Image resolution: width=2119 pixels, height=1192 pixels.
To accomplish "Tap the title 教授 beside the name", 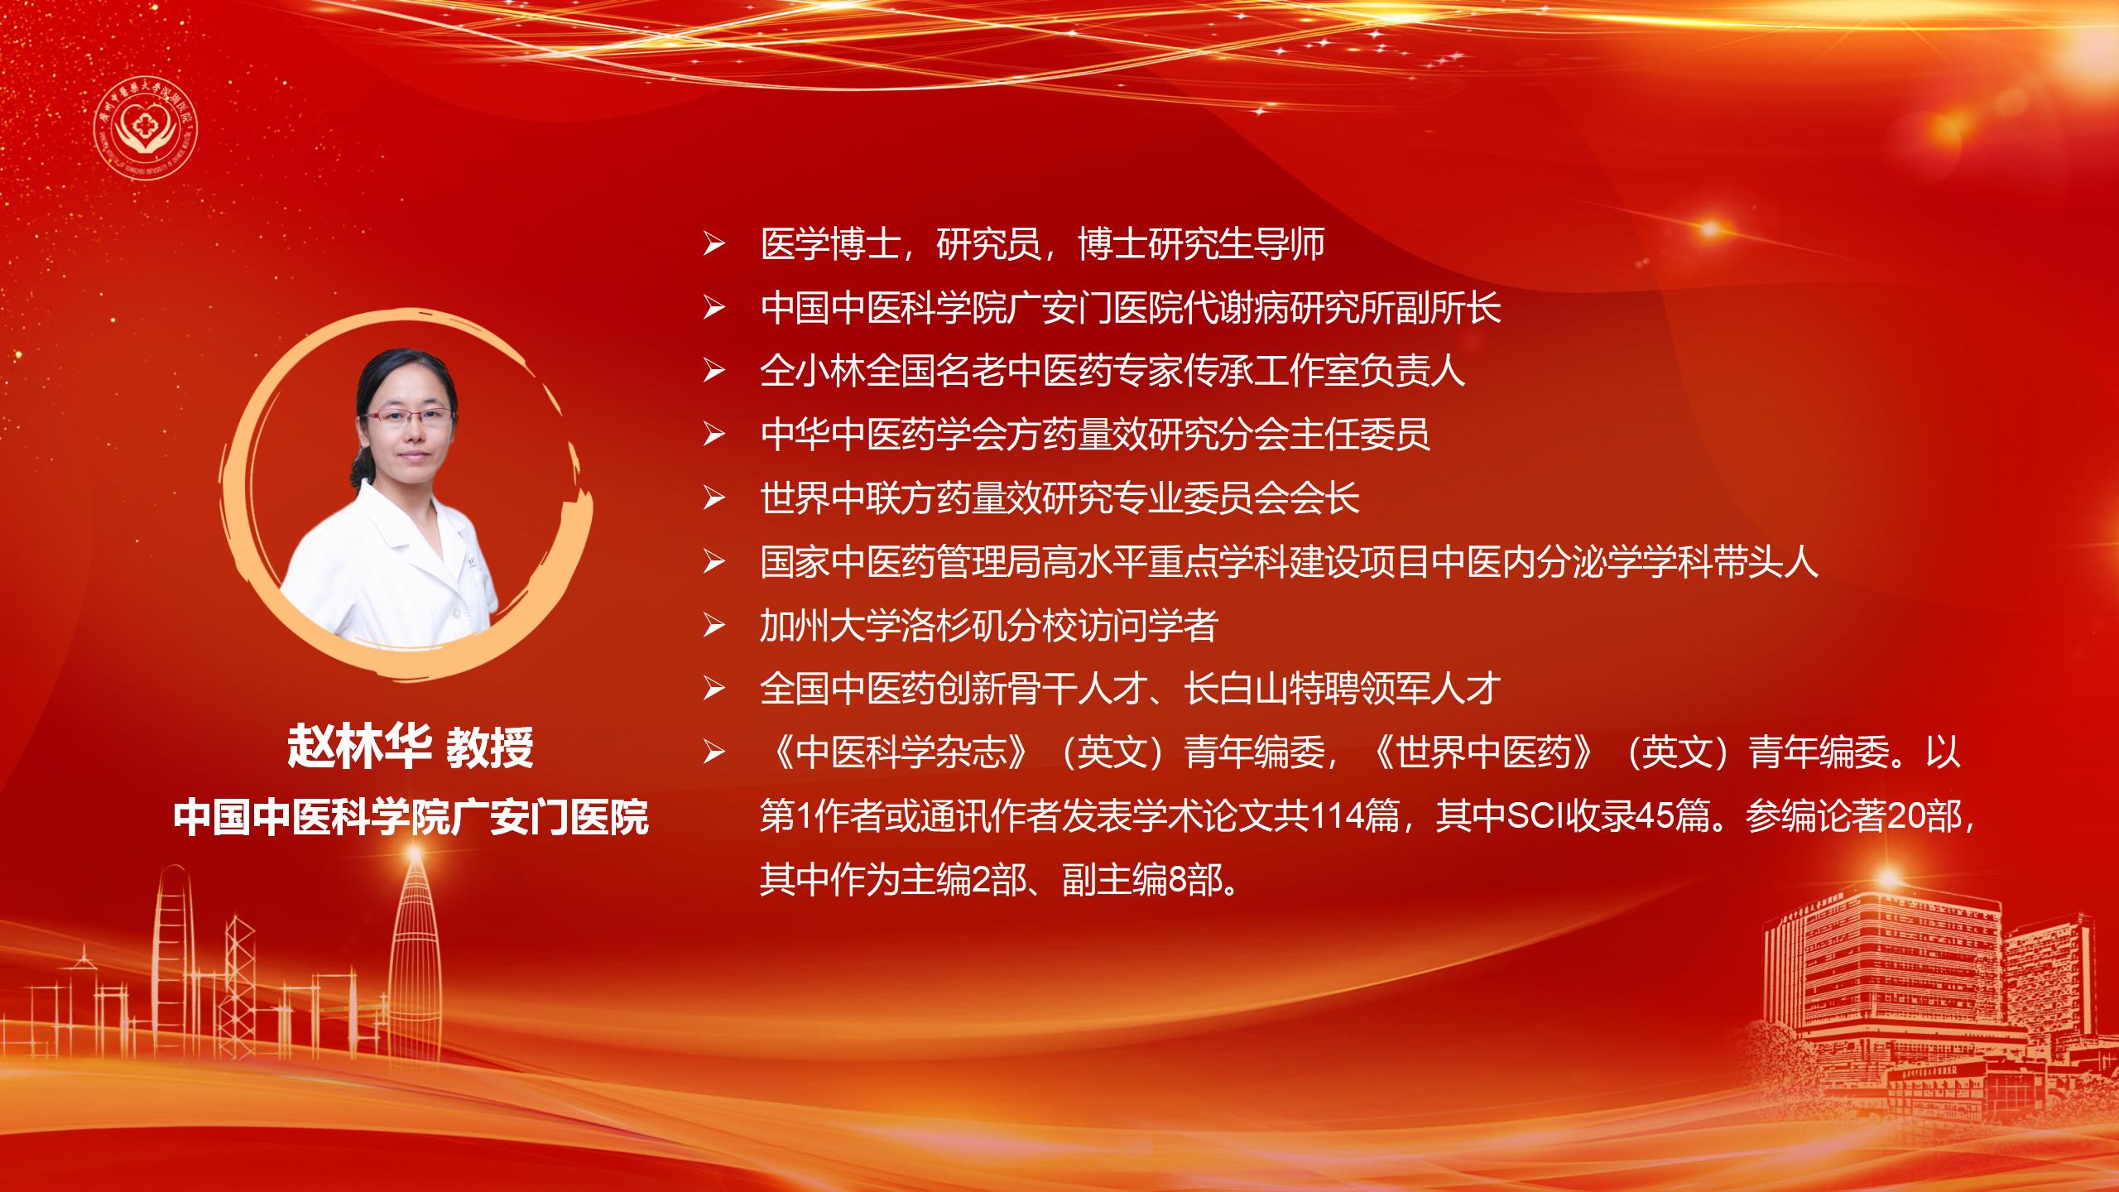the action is click(490, 747).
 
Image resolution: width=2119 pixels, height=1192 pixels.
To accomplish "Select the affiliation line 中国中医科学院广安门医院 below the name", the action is click(411, 817).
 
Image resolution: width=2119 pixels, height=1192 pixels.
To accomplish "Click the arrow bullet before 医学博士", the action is click(714, 246).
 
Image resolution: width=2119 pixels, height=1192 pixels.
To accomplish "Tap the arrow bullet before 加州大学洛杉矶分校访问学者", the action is click(714, 627).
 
